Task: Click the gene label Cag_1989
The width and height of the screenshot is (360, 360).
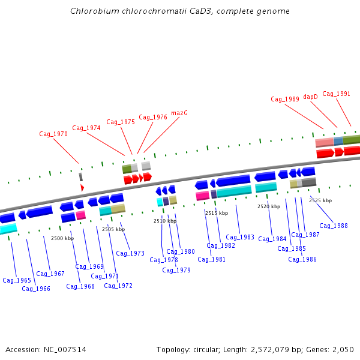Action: pyautogui.click(x=284, y=100)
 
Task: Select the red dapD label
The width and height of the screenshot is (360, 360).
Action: pyautogui.click(x=310, y=97)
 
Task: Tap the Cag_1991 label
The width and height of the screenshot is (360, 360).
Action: pyautogui.click(x=336, y=94)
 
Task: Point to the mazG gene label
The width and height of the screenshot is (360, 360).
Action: pyautogui.click(x=179, y=113)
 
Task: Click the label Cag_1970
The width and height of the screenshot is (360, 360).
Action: pyautogui.click(x=53, y=134)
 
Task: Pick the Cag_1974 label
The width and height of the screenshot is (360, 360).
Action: pyautogui.click(x=86, y=128)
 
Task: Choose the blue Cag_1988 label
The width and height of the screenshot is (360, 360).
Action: pyautogui.click(x=334, y=226)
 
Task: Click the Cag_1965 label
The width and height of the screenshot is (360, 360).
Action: pyautogui.click(x=17, y=280)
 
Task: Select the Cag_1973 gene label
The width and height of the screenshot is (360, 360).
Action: pyautogui.click(x=130, y=253)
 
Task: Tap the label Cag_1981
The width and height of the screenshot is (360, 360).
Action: pyautogui.click(x=212, y=259)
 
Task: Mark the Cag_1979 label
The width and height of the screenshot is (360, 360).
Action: pyautogui.click(x=176, y=270)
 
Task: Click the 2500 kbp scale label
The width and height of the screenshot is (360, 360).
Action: pyautogui.click(x=62, y=238)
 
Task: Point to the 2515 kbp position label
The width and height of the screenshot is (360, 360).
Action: pyautogui.click(x=217, y=213)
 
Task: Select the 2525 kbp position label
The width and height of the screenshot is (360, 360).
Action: pyautogui.click(x=320, y=200)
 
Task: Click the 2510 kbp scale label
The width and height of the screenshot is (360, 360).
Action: pyautogui.click(x=165, y=221)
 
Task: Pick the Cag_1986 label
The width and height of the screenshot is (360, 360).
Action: pyautogui.click(x=302, y=259)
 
